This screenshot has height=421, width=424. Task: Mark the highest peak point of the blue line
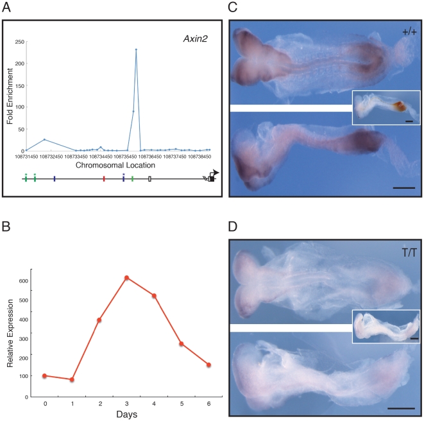[x=136, y=49]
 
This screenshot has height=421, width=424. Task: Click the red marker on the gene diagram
[x=103, y=179]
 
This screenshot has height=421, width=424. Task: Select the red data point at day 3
[x=127, y=278]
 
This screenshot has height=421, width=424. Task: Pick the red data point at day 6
[x=209, y=365]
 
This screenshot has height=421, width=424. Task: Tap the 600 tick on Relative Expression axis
[x=24, y=280]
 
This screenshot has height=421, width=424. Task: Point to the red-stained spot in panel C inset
[x=397, y=106]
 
